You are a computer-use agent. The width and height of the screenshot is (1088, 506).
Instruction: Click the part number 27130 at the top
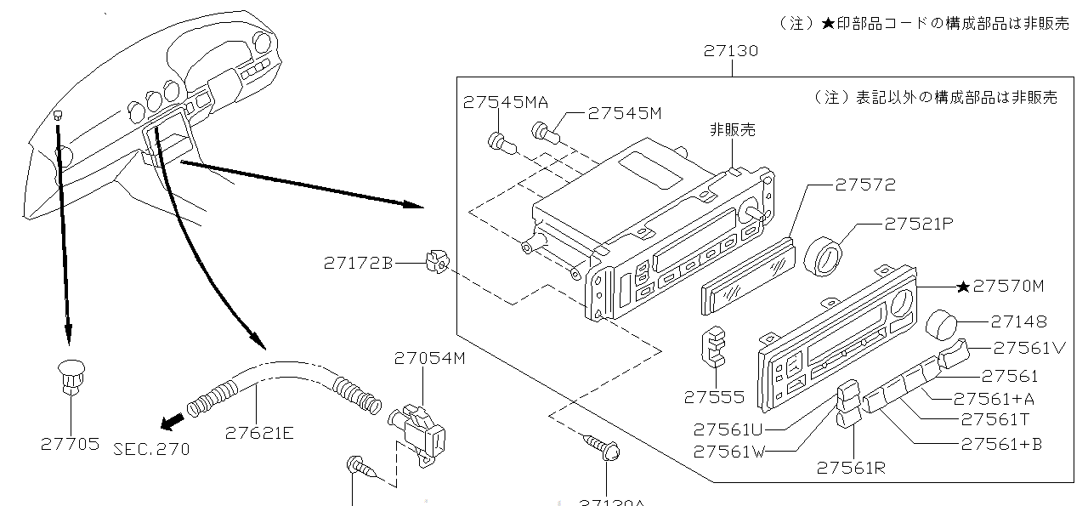pyautogui.click(x=730, y=51)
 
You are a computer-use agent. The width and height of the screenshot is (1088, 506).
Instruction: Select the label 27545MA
pyautogui.click(x=506, y=103)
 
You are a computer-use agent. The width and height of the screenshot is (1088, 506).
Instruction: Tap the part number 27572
pyautogui.click(x=864, y=185)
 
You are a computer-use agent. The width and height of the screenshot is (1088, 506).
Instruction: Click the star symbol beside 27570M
pyautogui.click(x=963, y=287)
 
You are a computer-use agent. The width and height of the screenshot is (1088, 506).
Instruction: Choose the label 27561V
pyautogui.click(x=1029, y=347)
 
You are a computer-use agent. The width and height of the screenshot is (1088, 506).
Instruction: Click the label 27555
pyautogui.click(x=714, y=397)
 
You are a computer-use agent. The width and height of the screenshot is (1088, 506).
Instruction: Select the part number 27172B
pyautogui.click(x=358, y=264)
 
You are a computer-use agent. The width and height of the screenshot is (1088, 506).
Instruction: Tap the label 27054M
pyautogui.click(x=429, y=358)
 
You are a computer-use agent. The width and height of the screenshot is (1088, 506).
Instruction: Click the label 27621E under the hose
pyautogui.click(x=259, y=433)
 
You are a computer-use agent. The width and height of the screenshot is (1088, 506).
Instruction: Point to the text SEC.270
pyautogui.click(x=151, y=448)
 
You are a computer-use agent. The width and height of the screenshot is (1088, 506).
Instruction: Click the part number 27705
pyautogui.click(x=70, y=443)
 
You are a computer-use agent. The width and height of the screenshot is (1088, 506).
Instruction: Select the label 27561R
pyautogui.click(x=851, y=467)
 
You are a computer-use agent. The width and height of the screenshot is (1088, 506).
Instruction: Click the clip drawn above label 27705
pyautogui.click(x=70, y=376)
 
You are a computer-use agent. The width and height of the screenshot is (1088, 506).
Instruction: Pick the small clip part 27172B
pyautogui.click(x=436, y=263)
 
